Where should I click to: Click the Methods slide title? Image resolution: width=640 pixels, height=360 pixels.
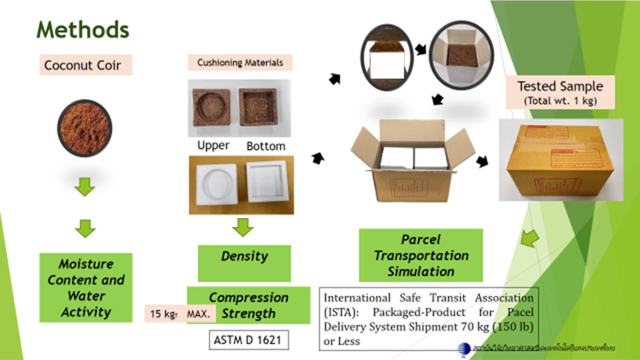83,30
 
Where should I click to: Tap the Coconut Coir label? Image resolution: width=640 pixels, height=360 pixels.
82,65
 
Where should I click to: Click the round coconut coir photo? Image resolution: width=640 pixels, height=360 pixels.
85,128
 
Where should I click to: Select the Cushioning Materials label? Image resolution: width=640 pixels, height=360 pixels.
240,63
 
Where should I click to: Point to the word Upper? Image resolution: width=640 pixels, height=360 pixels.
213,145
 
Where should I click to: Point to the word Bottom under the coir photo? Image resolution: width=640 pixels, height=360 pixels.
266,146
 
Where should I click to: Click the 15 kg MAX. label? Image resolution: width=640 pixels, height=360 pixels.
180,313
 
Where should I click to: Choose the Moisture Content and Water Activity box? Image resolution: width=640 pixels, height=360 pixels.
86,288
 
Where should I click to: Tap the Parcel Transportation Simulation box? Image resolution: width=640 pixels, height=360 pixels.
420,255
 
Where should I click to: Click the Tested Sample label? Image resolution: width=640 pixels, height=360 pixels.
560,92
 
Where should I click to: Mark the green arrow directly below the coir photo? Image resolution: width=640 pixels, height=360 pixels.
85,187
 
